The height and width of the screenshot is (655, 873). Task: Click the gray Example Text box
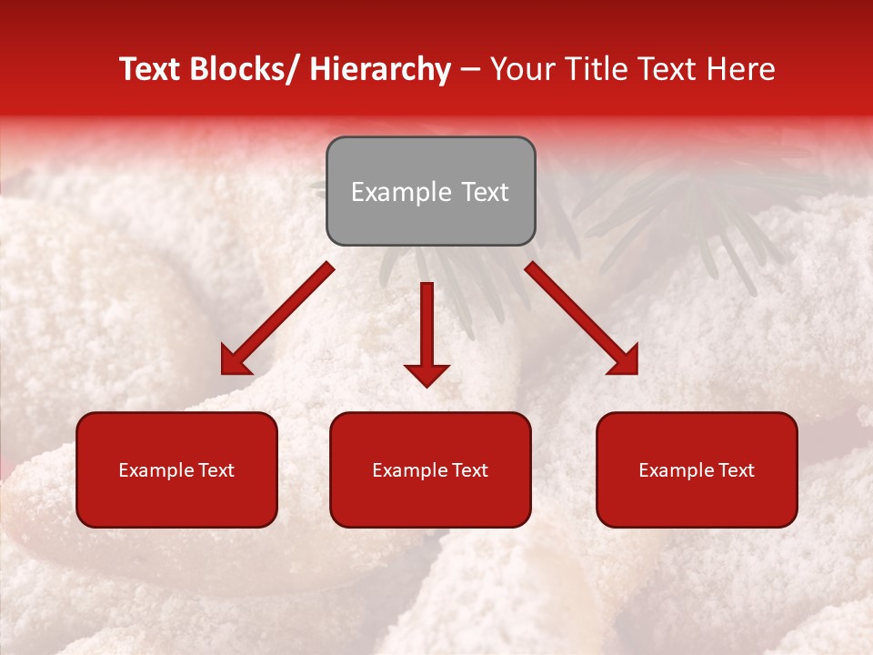[x=430, y=191]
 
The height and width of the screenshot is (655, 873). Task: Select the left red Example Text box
[x=176, y=469]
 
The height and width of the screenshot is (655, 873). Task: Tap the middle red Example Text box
[x=430, y=469]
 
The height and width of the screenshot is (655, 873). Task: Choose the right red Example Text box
[x=697, y=469]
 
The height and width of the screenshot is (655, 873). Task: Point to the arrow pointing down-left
[x=277, y=318]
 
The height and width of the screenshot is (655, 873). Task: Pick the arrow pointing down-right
[x=582, y=318]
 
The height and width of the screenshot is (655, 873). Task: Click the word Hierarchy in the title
[x=379, y=69]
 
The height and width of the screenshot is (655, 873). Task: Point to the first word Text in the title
[x=150, y=69]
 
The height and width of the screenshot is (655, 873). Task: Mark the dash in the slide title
[x=469, y=69]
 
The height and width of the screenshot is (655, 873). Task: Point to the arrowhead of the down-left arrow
[x=236, y=361]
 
